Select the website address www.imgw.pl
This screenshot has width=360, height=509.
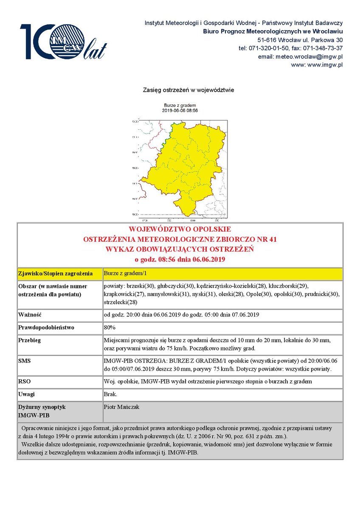[x=325, y=65]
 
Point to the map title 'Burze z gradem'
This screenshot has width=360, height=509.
[x=180, y=105]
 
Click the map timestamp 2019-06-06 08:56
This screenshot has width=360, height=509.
[x=180, y=110]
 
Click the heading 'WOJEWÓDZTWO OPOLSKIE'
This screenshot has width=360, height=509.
[x=180, y=229]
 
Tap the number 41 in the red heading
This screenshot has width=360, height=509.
[x=273, y=239]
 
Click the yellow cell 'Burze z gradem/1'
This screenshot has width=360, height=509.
[x=125, y=273]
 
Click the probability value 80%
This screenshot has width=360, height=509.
[x=110, y=327]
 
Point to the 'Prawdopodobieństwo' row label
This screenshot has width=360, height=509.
[x=46, y=328]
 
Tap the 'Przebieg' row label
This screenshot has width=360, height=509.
[x=29, y=341]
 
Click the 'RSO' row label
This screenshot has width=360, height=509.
[x=24, y=381]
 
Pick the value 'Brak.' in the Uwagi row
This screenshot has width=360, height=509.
[x=111, y=394]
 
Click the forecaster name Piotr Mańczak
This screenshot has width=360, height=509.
[x=121, y=407]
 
